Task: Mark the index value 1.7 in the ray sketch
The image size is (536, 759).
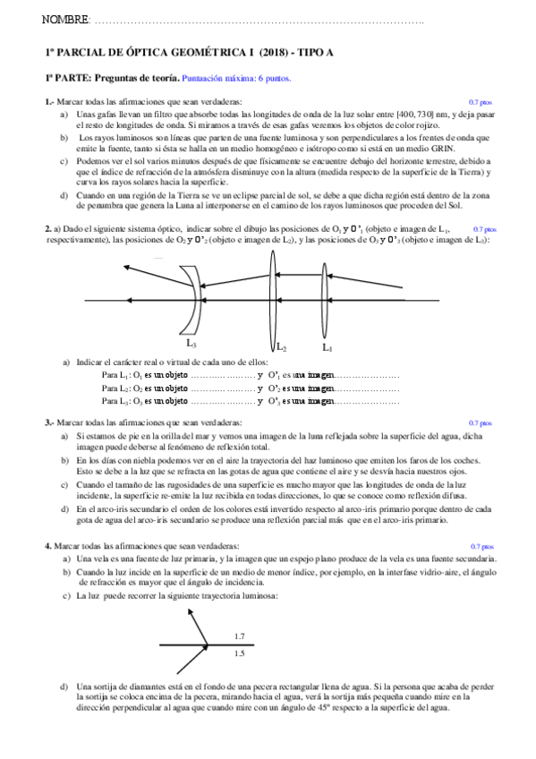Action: pos(239,636)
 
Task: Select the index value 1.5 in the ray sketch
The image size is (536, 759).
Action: pos(239,654)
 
